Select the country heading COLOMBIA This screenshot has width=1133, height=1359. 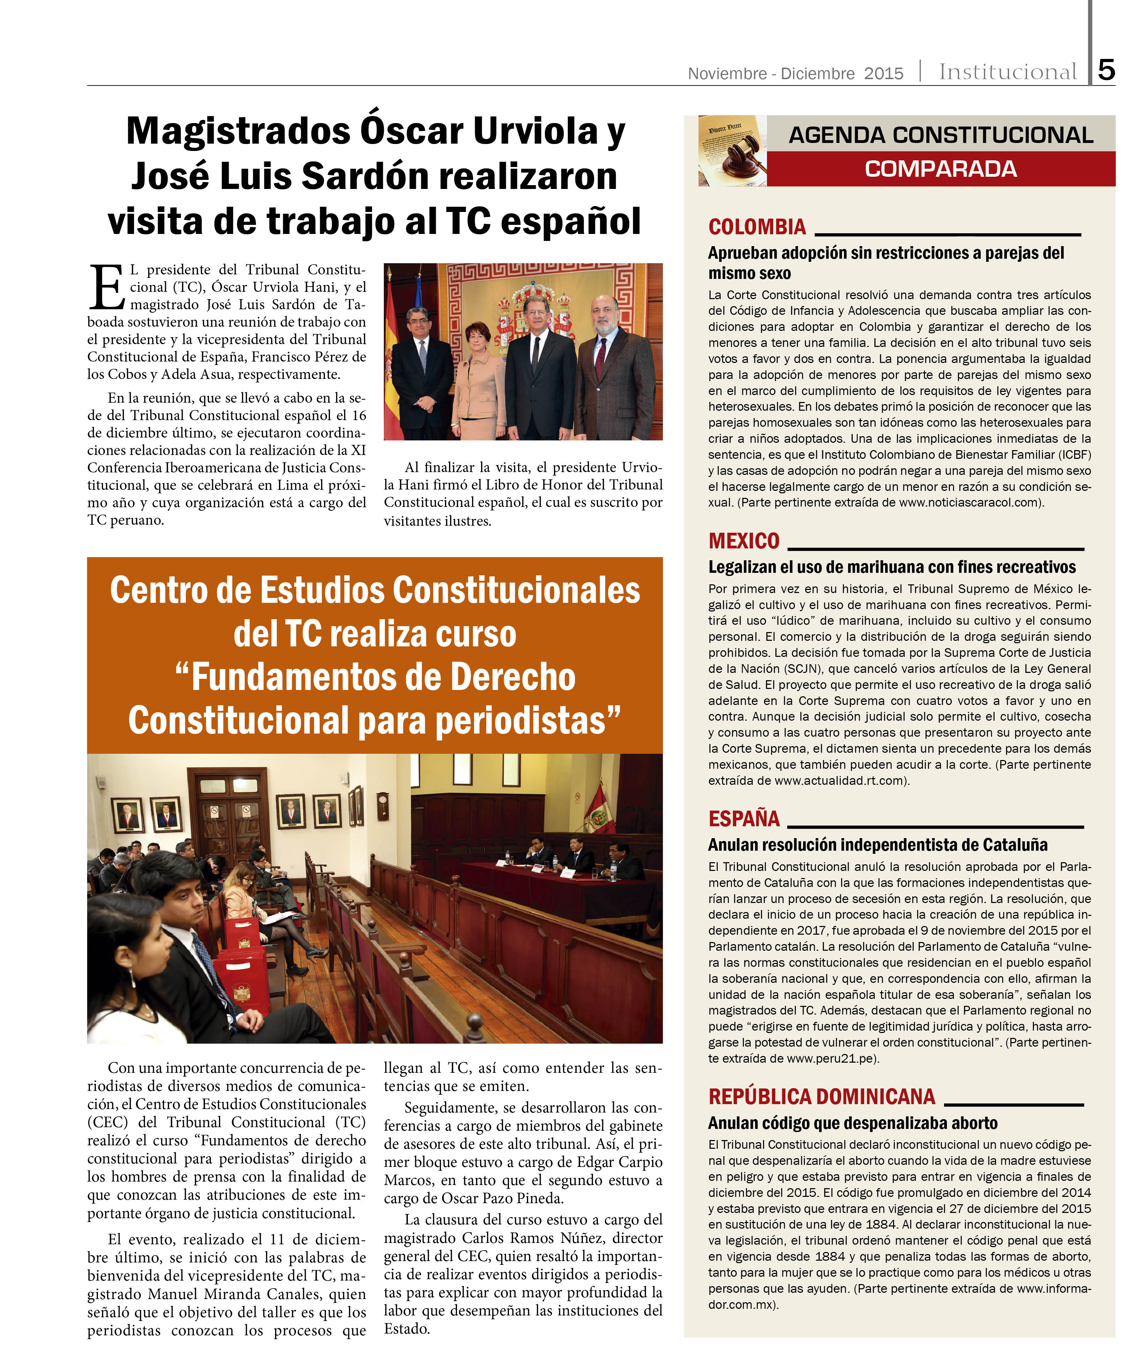tap(757, 227)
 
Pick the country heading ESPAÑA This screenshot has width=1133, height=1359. tap(744, 819)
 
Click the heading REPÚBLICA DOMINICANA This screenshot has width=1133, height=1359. tap(822, 1096)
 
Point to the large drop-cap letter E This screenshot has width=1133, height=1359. tap(107, 287)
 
